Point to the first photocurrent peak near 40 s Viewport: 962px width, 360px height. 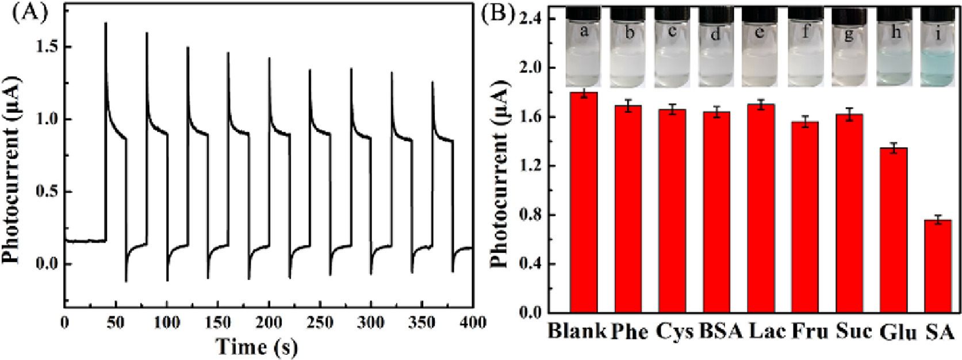[x=106, y=24]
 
